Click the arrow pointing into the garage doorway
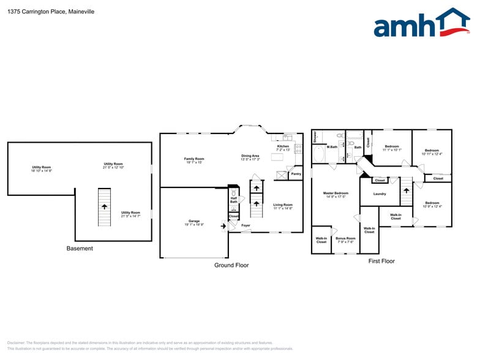pyautogui.click(x=223, y=226)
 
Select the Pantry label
pyautogui.click(x=296, y=174)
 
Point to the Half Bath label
pyautogui.click(x=234, y=200)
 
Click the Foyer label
pyautogui.click(x=246, y=225)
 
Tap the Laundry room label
pyautogui.click(x=379, y=194)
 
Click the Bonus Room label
pyautogui.click(x=345, y=239)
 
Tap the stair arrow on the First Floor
pyautogui.click(x=405, y=192)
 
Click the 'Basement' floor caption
pyautogui.click(x=80, y=249)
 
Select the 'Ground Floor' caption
pyautogui.click(x=231, y=265)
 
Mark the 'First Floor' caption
pyautogui.click(x=381, y=261)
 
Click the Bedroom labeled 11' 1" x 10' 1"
pyautogui.click(x=392, y=148)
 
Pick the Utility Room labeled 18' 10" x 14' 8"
pyautogui.click(x=42, y=169)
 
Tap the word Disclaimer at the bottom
pyautogui.click(x=16, y=343)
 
